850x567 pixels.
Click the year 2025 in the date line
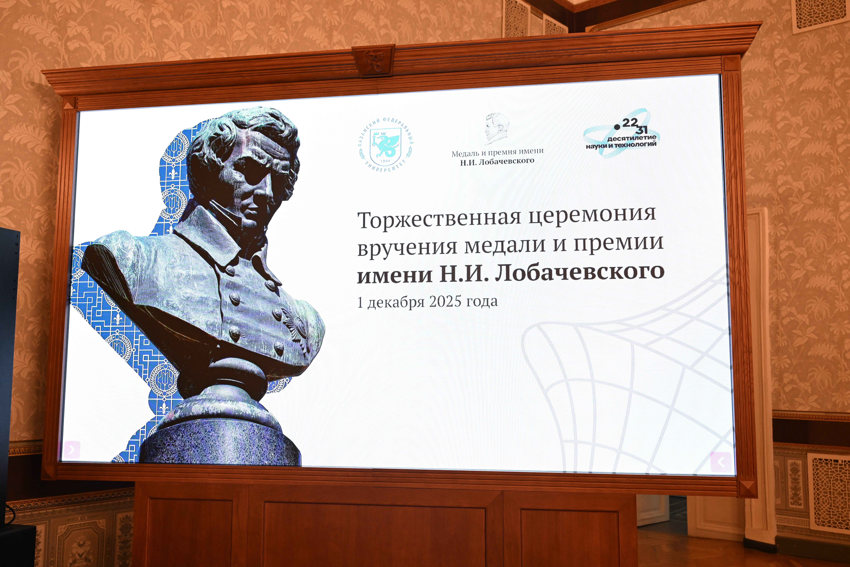(445, 301)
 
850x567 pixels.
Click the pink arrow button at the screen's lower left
(72, 449)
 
